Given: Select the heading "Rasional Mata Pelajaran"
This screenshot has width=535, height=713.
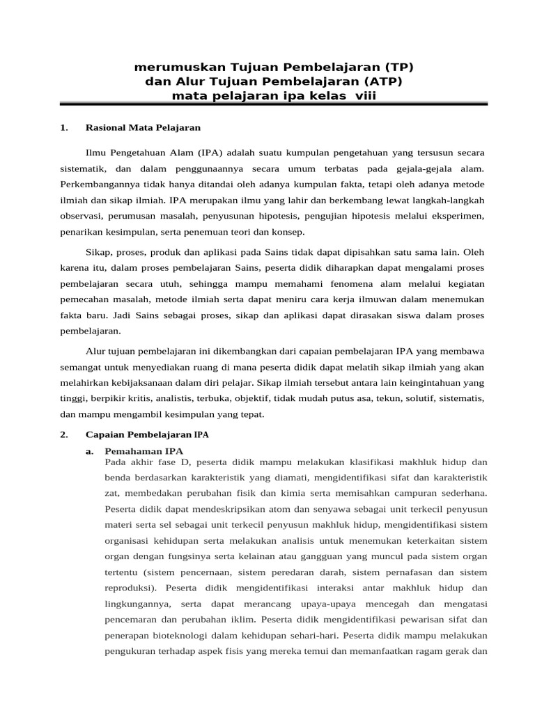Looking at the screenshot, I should tap(143, 127).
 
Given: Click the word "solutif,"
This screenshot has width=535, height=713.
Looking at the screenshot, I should tap(403, 398).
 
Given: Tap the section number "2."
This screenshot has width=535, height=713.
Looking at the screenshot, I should tap(64, 434).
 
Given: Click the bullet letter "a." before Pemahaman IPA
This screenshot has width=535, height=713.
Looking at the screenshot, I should tap(90, 451).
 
